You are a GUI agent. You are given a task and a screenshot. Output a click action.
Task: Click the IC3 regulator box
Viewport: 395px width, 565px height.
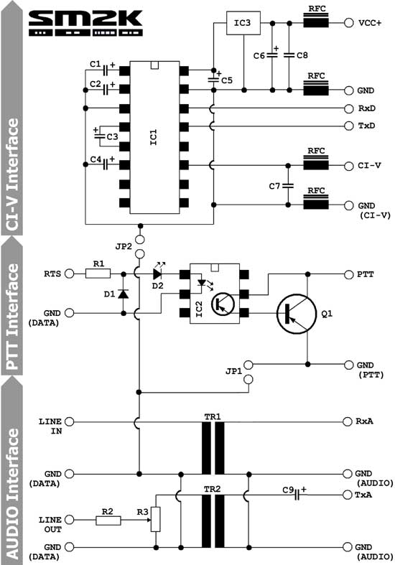[x=243, y=23]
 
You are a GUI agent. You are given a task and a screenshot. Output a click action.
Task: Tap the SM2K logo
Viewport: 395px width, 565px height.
[x=85, y=23]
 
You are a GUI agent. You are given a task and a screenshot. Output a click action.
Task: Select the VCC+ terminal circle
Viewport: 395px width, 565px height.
[x=348, y=23]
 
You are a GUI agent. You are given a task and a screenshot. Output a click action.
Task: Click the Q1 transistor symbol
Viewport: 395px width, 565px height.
[x=296, y=314]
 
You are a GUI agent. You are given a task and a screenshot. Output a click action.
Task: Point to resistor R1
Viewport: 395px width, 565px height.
[x=98, y=274]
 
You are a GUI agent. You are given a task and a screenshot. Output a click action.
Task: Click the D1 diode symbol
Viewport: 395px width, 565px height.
[x=124, y=294]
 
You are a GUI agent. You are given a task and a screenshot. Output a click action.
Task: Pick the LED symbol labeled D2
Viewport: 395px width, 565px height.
[x=158, y=274]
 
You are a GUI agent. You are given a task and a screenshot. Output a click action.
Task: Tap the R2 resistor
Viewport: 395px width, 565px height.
[x=108, y=520]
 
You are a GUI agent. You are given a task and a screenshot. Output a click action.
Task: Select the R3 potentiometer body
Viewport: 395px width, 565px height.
[x=156, y=519]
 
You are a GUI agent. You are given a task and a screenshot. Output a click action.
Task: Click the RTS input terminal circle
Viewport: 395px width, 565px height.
[x=69, y=274]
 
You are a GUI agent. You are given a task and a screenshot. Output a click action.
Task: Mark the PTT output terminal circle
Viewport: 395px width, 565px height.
[x=348, y=274]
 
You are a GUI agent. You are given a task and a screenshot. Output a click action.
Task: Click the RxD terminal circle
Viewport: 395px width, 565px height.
[x=348, y=108]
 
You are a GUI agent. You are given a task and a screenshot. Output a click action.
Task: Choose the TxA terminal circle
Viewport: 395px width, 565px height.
[x=347, y=495]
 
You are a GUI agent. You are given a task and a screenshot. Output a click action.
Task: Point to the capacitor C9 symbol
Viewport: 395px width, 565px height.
[x=297, y=495]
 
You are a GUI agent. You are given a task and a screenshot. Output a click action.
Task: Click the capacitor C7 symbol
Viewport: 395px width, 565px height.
[x=288, y=185]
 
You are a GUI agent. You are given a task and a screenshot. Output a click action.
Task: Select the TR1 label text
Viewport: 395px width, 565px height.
[x=213, y=417]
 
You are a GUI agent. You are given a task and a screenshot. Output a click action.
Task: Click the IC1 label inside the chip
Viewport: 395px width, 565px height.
[x=154, y=137]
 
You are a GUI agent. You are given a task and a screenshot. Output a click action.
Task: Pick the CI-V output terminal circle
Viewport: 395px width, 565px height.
[x=348, y=166]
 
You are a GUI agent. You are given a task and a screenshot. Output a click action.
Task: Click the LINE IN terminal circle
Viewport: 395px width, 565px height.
[x=69, y=421]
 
